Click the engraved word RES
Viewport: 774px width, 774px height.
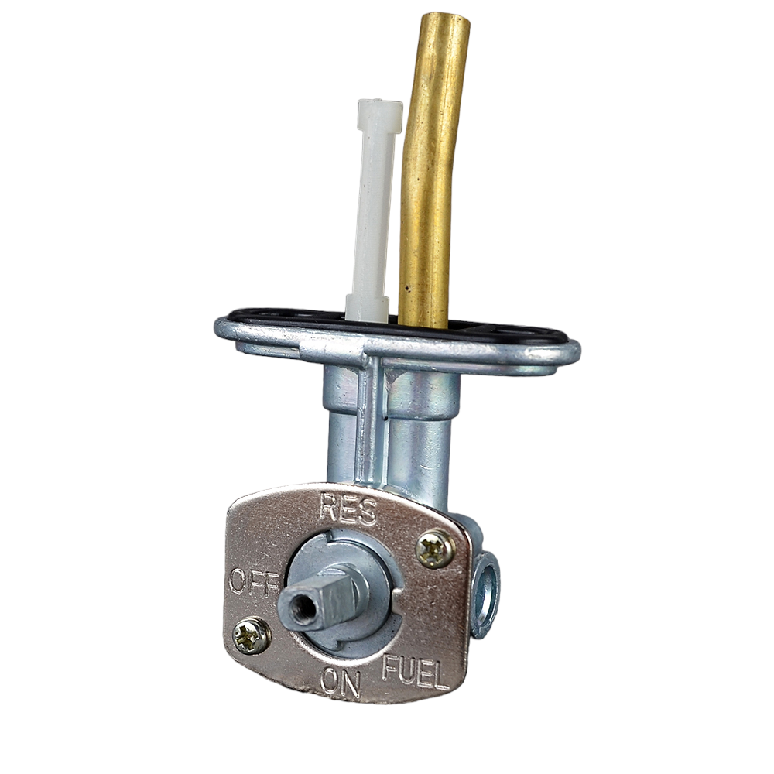pos(348,507)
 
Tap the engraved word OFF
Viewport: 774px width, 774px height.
pos(253,581)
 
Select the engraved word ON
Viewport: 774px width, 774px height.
pos(340,682)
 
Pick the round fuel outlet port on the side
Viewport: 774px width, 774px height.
pos(486,593)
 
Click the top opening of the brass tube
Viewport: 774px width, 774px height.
pos(446,19)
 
